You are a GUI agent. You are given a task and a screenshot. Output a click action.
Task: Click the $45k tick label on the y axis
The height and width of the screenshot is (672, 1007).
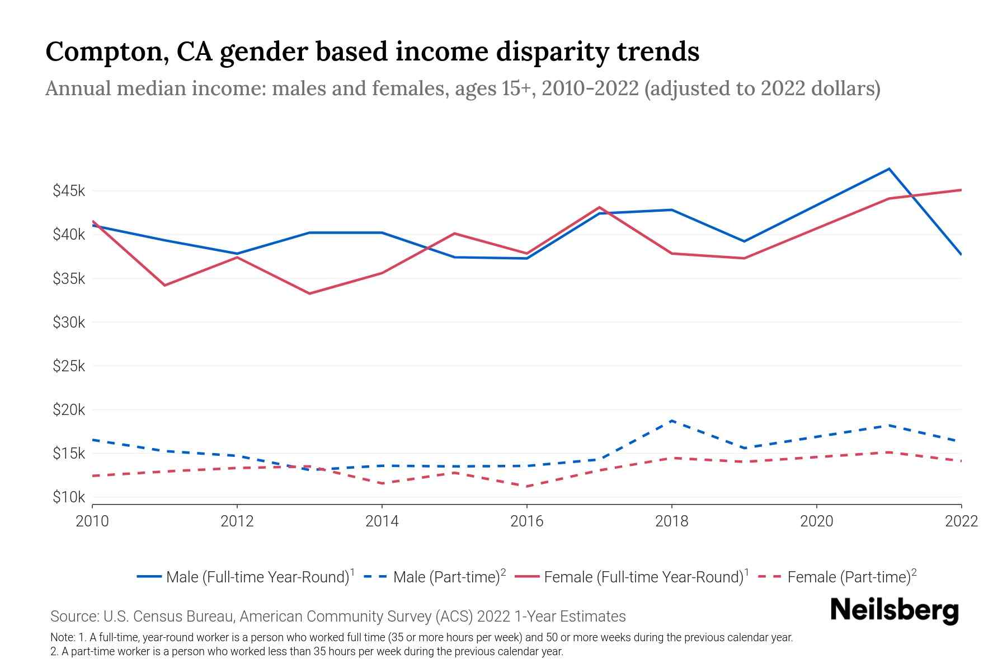click(69, 191)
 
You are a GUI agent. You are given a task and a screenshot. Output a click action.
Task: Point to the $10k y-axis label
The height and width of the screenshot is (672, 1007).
click(69, 497)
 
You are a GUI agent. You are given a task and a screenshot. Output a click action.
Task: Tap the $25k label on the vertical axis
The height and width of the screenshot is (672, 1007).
click(69, 366)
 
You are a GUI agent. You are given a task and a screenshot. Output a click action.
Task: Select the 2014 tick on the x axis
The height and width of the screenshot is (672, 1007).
click(382, 521)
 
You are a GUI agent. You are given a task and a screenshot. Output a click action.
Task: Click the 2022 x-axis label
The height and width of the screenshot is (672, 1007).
click(961, 521)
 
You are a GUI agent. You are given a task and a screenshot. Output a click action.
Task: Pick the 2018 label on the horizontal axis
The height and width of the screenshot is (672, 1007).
click(671, 521)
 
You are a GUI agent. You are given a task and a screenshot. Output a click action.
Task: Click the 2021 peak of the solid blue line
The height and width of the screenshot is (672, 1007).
click(889, 169)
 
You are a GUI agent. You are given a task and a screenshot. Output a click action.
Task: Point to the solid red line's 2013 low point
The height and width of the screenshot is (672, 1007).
click(309, 293)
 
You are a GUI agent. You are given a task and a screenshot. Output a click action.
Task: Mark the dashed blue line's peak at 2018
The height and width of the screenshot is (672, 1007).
click(671, 421)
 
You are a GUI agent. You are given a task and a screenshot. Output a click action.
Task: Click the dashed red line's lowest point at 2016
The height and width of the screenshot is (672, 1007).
click(527, 486)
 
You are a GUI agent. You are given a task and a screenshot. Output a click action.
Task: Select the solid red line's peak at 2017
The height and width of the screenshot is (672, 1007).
click(599, 208)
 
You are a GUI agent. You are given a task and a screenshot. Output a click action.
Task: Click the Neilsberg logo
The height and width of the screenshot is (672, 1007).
click(894, 610)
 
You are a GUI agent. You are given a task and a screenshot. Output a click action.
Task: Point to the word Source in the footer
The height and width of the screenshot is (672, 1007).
click(74, 617)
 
